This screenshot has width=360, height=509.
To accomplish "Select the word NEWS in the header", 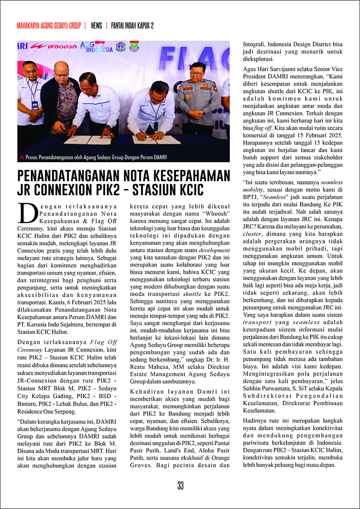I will pos(97,26).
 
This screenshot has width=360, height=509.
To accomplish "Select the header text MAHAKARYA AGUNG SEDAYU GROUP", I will pos(49,26).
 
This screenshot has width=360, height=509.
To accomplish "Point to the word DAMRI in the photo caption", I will pos(158,157).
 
